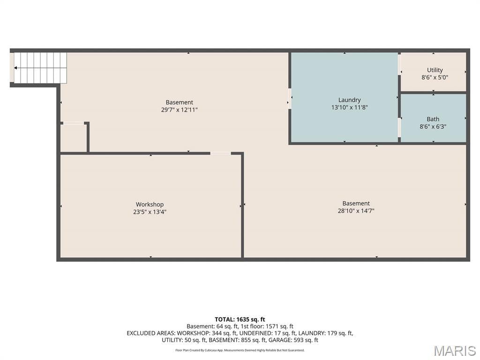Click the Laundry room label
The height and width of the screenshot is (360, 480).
(349, 100)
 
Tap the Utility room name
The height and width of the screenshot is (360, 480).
(435, 70)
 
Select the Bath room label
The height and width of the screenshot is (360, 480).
(433, 119)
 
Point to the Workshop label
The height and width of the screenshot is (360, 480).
(150, 204)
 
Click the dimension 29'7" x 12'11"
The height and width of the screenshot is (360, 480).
(180, 110)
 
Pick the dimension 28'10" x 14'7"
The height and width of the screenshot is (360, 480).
(356, 210)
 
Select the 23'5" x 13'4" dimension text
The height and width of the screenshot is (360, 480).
(150, 212)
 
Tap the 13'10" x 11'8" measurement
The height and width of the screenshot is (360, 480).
(349, 107)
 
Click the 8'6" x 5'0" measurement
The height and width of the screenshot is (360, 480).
(435, 77)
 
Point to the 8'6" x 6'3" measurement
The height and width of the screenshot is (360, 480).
(433, 127)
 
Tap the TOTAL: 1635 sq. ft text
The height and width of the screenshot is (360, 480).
(240, 320)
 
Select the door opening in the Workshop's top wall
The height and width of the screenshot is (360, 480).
(220, 153)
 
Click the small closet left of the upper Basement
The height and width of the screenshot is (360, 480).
(74, 138)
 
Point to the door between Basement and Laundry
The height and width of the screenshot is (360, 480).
(289, 98)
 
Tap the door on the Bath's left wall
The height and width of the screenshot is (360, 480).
(399, 127)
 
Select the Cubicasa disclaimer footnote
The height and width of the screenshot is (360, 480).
(240, 350)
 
